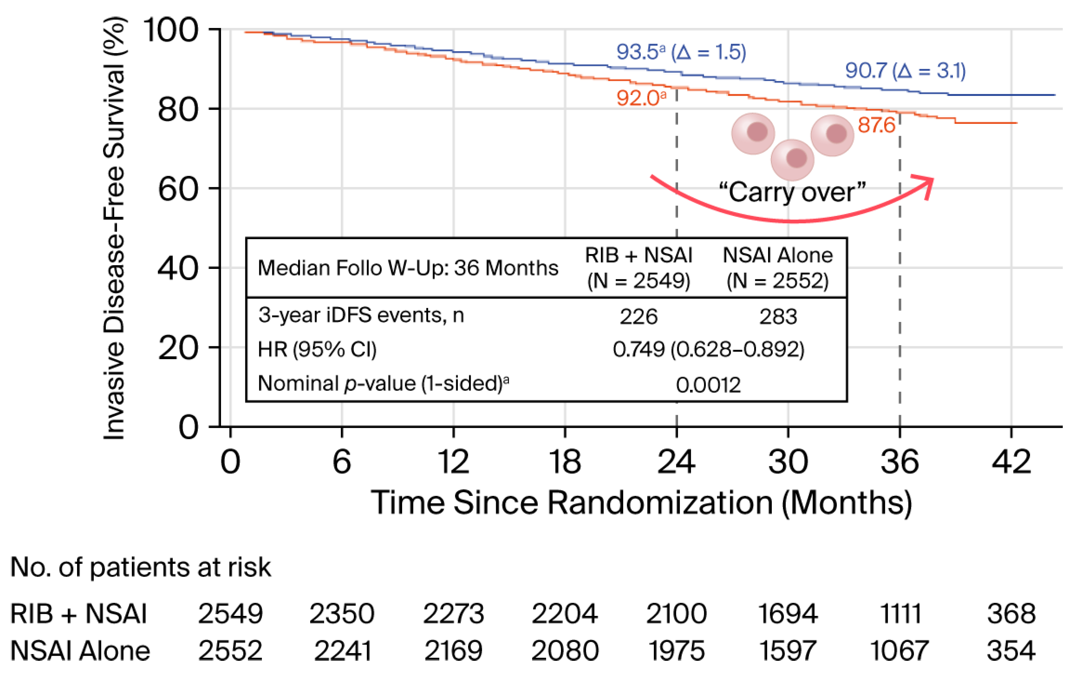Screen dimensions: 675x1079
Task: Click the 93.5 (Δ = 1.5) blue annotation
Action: [681, 52]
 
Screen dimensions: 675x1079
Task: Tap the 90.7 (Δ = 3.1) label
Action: [905, 71]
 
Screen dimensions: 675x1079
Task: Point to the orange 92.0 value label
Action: [641, 98]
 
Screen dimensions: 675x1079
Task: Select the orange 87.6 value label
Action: [876, 125]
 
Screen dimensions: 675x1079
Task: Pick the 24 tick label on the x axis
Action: [676, 462]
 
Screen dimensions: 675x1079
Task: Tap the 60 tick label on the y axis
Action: [178, 189]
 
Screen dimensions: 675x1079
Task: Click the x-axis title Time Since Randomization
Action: [641, 503]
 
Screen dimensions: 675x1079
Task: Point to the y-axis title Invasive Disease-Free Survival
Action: [114, 228]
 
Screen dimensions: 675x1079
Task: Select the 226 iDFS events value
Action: [638, 317]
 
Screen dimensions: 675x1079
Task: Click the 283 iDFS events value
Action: [778, 317]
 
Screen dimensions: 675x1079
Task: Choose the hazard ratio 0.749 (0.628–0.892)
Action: [708, 349]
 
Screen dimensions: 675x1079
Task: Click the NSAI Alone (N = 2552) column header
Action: [778, 268]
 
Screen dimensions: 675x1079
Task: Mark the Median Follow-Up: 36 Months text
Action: [408, 268]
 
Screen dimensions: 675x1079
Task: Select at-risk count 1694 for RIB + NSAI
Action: [788, 614]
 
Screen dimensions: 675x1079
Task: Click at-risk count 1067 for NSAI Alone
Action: [900, 650]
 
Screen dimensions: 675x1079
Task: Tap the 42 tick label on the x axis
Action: [1011, 462]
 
